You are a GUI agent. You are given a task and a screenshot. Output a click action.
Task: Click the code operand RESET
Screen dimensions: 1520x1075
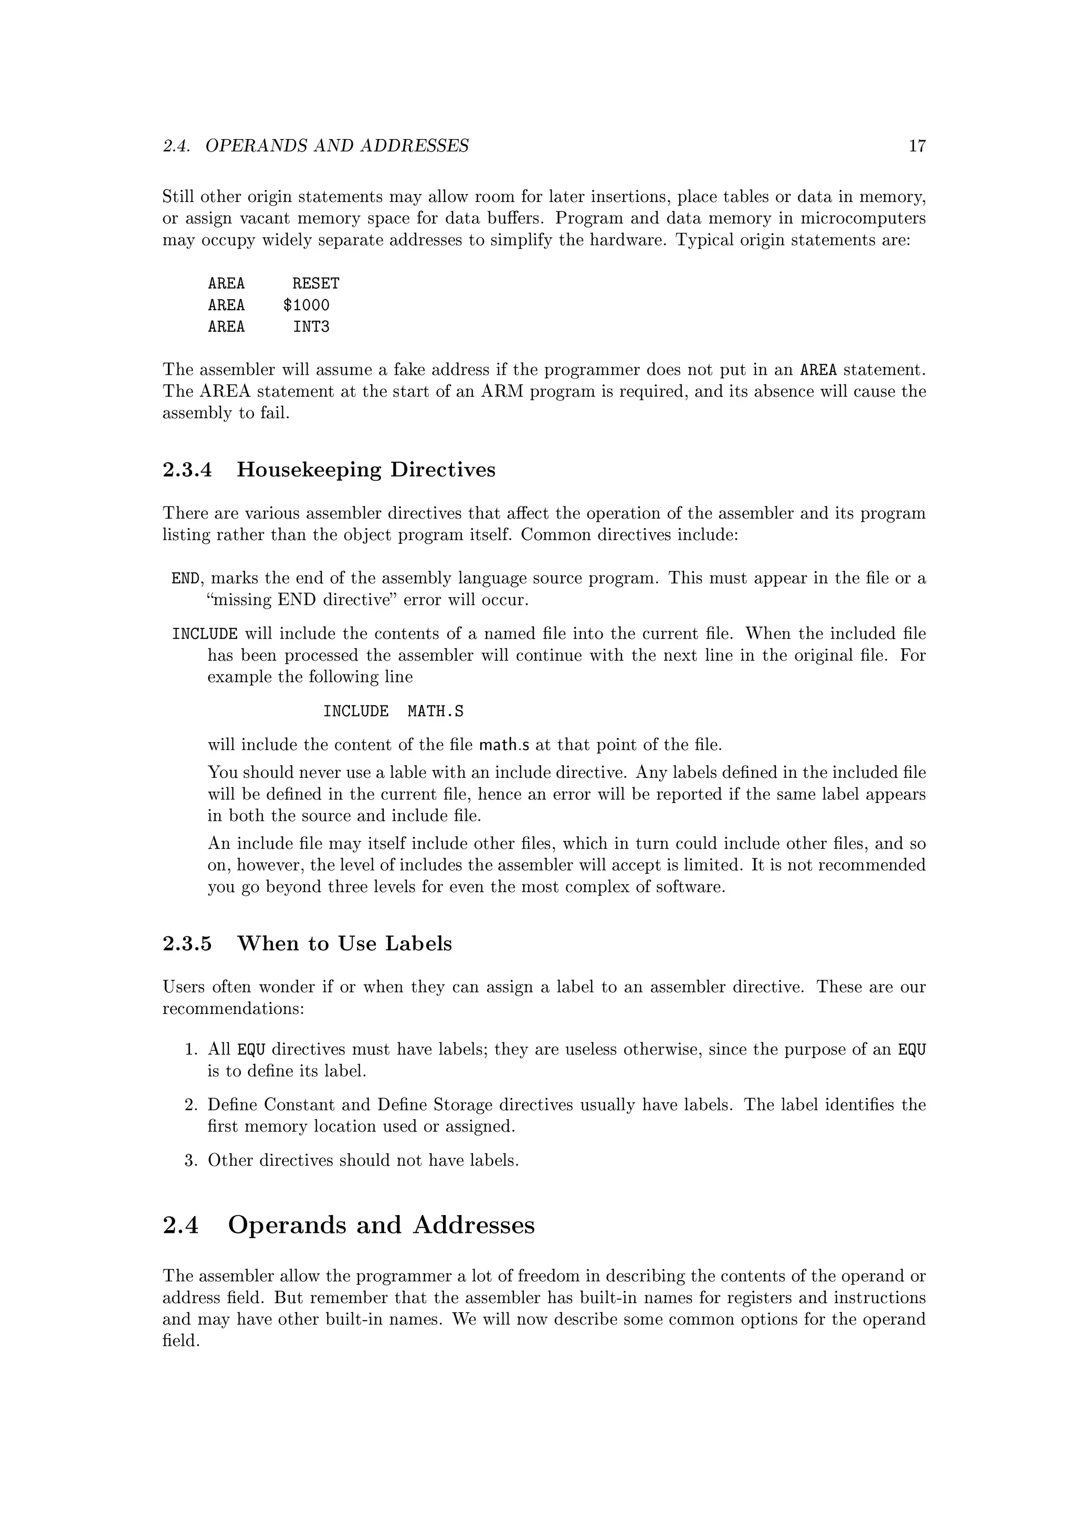click(316, 284)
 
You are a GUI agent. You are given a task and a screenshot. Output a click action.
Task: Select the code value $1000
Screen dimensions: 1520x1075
click(306, 305)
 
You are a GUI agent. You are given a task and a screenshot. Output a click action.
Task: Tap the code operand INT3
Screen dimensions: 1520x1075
click(311, 327)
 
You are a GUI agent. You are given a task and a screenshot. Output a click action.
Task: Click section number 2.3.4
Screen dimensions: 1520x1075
click(187, 470)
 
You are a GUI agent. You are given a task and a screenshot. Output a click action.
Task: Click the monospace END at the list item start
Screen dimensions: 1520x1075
click(185, 578)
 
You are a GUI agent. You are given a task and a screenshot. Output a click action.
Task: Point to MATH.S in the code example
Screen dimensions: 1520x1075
click(435, 712)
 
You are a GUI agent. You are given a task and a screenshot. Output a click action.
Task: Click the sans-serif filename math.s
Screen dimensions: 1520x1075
click(504, 745)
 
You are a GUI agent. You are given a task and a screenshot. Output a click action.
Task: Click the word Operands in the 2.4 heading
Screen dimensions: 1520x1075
click(286, 1226)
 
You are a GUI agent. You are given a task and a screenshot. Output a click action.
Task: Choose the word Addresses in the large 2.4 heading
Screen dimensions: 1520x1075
click(473, 1226)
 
